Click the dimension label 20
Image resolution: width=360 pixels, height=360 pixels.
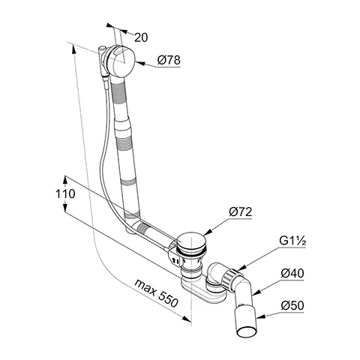click(141, 37)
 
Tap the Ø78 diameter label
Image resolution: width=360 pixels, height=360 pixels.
click(169, 60)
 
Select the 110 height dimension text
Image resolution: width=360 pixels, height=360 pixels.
click(65, 194)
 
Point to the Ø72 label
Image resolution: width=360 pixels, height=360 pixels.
click(240, 212)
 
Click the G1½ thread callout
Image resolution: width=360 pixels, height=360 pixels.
click(292, 241)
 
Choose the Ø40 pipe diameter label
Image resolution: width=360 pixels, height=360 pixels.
click(292, 273)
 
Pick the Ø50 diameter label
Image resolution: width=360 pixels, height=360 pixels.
click(292, 305)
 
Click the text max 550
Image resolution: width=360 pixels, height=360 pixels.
click(157, 292)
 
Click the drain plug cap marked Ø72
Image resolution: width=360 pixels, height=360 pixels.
click(193, 241)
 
